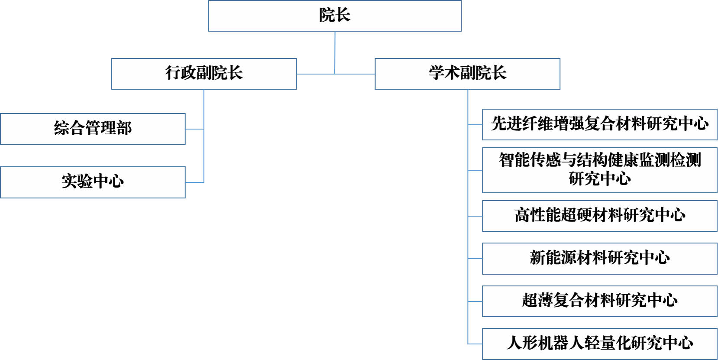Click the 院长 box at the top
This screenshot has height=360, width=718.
[x=335, y=16]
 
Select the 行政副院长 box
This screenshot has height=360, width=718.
[x=204, y=74]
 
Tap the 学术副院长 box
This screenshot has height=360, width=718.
[x=467, y=74]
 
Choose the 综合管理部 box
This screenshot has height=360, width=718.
[x=93, y=129]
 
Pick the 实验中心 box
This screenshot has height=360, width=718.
[x=93, y=182]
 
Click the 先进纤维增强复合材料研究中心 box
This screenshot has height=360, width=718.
[x=600, y=125]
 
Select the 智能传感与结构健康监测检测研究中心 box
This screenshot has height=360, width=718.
[x=600, y=170]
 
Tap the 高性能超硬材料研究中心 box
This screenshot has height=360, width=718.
[x=600, y=216]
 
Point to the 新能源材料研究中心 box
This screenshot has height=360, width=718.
[x=600, y=259]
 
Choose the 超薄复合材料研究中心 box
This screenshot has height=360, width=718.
[x=600, y=301]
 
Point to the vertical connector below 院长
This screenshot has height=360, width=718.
[x=335, y=52]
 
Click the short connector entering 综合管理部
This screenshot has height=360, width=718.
[x=194, y=129]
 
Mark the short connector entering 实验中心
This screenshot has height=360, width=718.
[x=194, y=182]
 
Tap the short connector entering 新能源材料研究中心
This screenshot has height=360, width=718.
[x=475, y=259]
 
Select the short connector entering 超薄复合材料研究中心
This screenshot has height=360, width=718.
[x=475, y=301]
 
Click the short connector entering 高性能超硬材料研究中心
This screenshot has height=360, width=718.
[x=475, y=216]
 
